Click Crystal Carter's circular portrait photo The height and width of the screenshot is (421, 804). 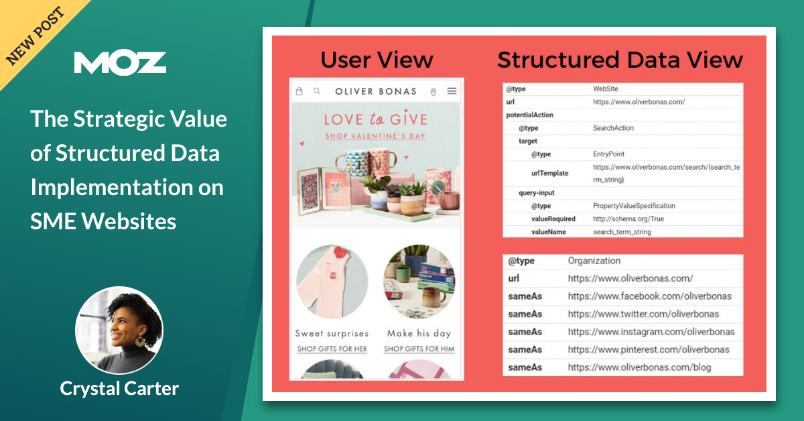click(x=119, y=330)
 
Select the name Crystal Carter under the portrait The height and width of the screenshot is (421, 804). click(x=119, y=387)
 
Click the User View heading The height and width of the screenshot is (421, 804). click(x=377, y=60)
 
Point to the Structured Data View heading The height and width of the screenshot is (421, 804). click(x=620, y=60)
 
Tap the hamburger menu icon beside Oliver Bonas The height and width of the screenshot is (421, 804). click(x=452, y=91)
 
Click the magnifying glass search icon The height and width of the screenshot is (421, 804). click(x=317, y=91)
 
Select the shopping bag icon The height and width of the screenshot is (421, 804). click(x=299, y=91)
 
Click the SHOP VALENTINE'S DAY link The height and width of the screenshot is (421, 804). click(x=375, y=136)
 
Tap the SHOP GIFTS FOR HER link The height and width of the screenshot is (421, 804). click(x=332, y=349)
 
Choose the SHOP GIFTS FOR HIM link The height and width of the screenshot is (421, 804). click(x=419, y=349)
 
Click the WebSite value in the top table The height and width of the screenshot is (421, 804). click(x=606, y=88)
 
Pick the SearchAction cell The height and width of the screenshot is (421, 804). click(x=613, y=128)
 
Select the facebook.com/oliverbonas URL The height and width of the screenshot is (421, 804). click(x=649, y=296)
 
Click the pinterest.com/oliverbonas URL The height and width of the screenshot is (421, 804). click(x=649, y=349)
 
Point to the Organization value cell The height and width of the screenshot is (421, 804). click(x=594, y=261)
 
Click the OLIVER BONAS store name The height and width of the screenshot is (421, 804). click(x=375, y=91)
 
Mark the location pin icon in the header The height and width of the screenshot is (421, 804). click(x=433, y=92)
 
